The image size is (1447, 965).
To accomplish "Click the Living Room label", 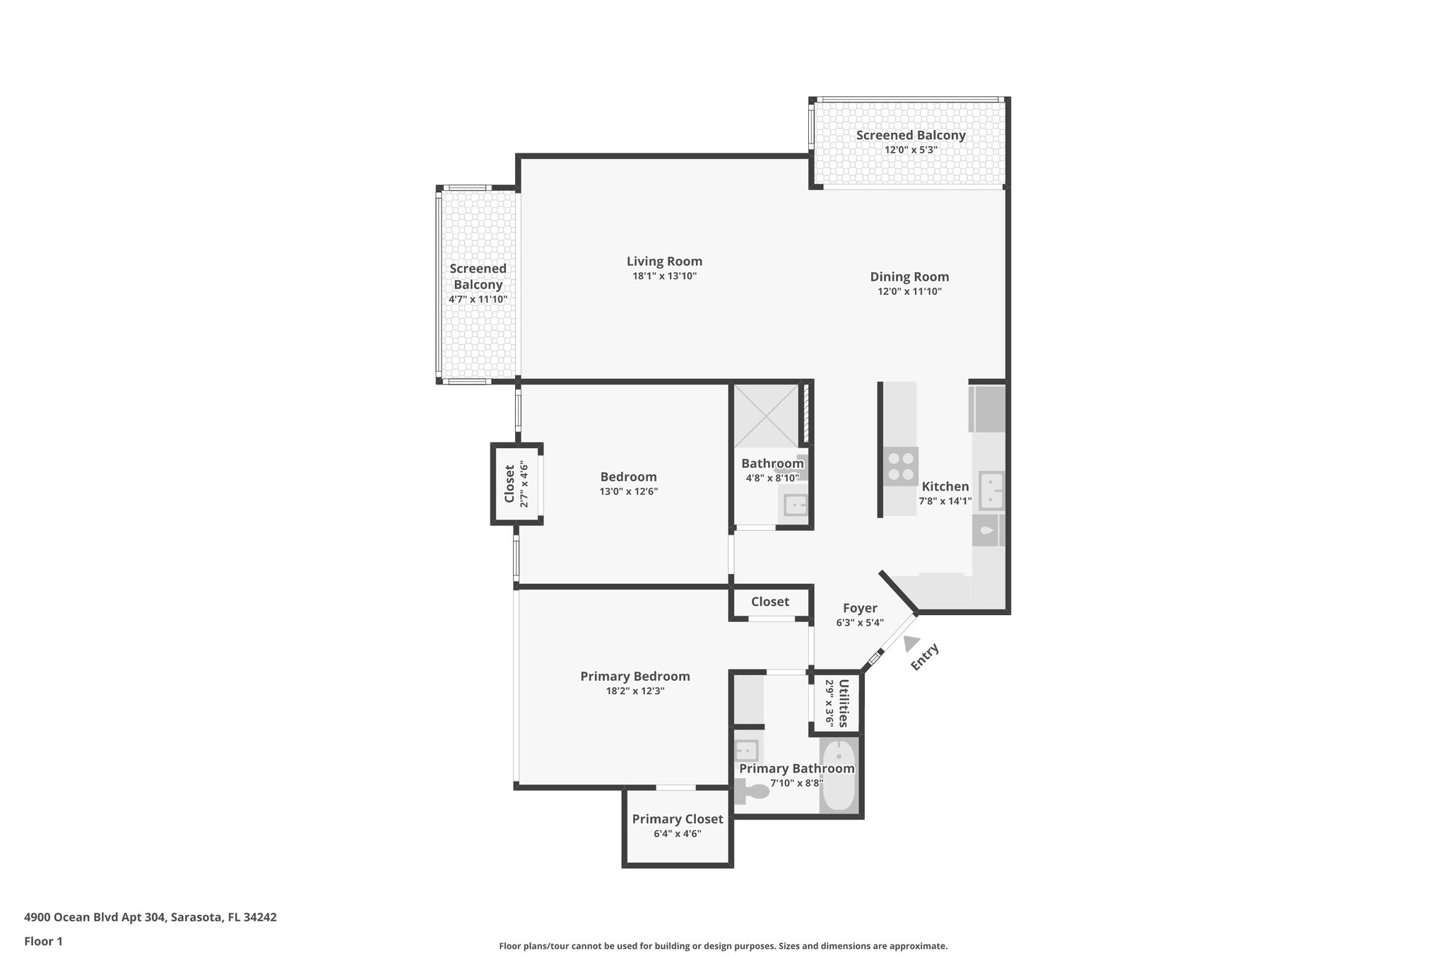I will coord(664,261).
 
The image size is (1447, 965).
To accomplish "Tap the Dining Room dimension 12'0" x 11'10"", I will coord(909,291).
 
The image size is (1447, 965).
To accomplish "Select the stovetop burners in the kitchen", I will coord(900,466).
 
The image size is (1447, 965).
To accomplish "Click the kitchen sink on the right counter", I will coord(991,490).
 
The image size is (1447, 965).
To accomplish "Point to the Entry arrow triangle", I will coord(911,643).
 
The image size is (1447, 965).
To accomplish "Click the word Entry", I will coord(925,657).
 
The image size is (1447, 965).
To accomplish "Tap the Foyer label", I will coord(860,608).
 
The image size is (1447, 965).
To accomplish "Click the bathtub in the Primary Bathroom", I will coord(839,776).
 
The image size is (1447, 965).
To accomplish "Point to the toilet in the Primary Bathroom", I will coord(750,791).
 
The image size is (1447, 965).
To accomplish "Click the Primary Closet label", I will coord(677,819).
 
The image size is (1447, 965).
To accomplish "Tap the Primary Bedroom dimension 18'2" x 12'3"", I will coord(634,691).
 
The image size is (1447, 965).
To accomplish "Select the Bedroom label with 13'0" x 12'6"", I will coord(628,477).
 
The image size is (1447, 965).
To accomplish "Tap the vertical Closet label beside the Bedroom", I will coord(509,484).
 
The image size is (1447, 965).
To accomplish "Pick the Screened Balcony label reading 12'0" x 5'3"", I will coord(910,135).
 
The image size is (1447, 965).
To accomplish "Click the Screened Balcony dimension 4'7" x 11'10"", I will coord(478,299).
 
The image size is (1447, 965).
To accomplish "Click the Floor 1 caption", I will coord(43,941).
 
